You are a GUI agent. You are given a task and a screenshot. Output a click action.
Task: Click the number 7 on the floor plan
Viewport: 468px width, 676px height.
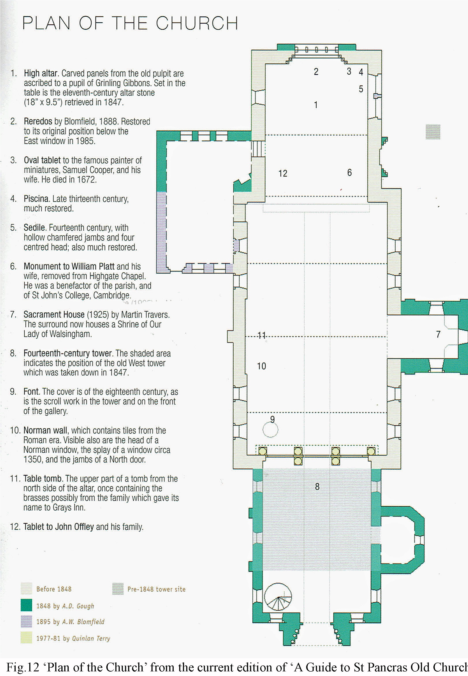438,334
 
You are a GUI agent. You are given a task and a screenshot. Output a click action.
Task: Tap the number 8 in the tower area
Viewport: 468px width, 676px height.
317,487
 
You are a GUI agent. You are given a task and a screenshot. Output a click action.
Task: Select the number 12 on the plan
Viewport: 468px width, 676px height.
283,173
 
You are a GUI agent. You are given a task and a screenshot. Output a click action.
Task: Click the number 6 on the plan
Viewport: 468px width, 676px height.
349,173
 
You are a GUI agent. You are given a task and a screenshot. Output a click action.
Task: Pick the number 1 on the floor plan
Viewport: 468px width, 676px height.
316,105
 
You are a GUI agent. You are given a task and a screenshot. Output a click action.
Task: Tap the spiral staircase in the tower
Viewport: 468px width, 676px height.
278,597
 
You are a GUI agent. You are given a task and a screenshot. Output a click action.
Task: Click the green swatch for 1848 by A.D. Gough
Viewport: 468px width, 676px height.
26,605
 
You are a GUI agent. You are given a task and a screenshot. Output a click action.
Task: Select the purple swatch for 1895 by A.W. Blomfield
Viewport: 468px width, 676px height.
26,621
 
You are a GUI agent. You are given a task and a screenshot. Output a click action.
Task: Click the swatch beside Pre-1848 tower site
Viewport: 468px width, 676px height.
118,589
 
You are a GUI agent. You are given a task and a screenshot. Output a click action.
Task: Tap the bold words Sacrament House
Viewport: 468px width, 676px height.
54,314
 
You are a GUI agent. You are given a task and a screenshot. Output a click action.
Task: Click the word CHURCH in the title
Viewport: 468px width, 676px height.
197,23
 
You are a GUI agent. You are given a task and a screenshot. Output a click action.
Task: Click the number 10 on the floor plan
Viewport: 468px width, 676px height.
261,366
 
